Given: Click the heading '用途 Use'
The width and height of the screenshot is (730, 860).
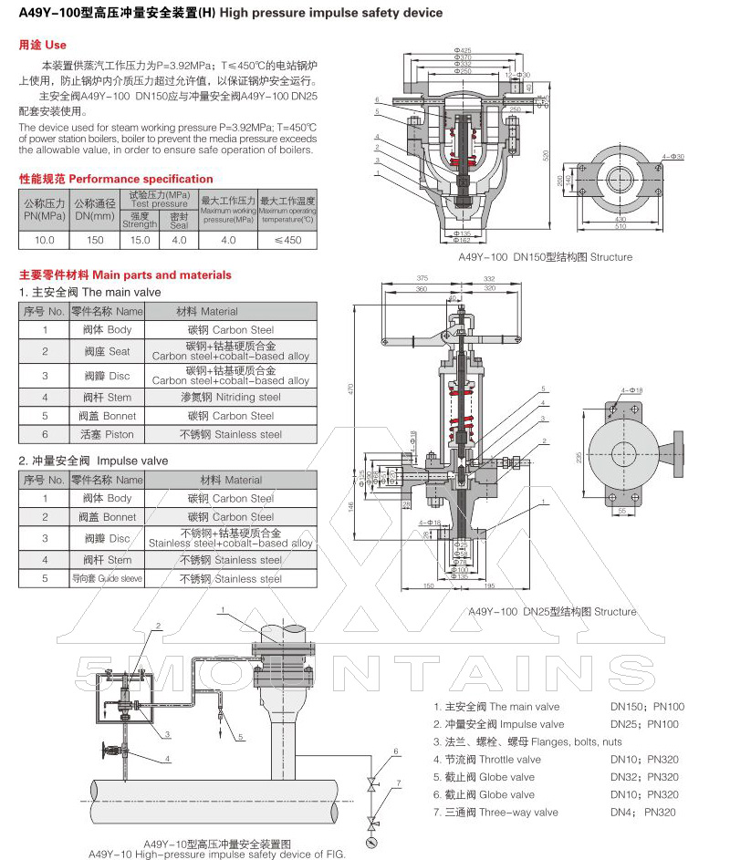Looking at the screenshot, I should (43, 45).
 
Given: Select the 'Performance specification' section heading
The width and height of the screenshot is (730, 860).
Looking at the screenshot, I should (116, 179).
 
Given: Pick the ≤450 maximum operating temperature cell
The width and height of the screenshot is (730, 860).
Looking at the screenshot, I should (287, 240).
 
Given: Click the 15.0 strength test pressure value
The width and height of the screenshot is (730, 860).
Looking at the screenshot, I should (140, 240).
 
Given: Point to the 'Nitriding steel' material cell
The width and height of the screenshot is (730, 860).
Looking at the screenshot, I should (231, 397).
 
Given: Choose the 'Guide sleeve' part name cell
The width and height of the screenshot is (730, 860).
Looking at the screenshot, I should (108, 579).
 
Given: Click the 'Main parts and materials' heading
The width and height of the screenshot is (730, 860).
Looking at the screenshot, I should (125, 275).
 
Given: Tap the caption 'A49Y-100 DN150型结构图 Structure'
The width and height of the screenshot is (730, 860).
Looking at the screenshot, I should (545, 257).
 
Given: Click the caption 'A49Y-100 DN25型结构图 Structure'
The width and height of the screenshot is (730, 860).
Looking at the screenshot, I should (551, 612).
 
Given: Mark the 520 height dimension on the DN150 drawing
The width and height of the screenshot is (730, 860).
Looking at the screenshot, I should (547, 155).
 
